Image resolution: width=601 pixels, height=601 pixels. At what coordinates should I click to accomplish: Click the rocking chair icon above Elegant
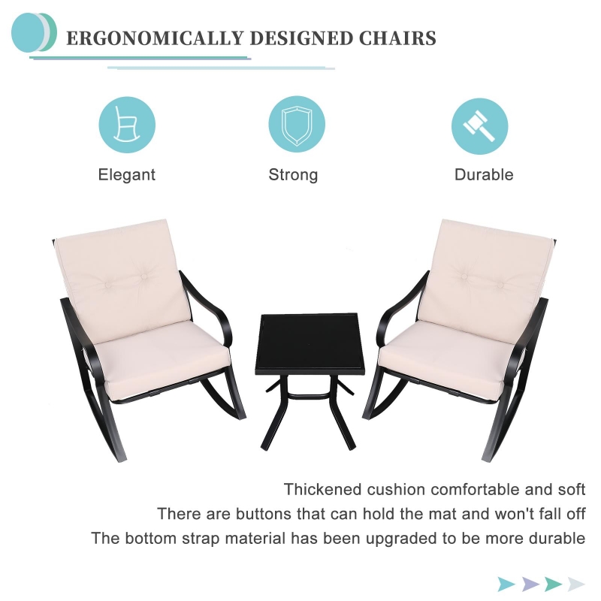click(x=127, y=125)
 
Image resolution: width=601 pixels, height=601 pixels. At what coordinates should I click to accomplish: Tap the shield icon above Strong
click(x=297, y=125)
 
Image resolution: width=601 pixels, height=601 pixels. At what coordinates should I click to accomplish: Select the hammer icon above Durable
click(x=479, y=126)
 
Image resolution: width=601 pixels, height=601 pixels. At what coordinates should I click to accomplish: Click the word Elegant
click(x=127, y=175)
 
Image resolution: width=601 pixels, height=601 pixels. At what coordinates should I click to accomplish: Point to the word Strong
click(x=293, y=175)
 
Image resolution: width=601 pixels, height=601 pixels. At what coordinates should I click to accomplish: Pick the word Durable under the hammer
click(x=484, y=175)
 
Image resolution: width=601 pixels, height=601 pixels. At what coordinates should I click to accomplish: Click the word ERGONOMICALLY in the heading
click(x=156, y=38)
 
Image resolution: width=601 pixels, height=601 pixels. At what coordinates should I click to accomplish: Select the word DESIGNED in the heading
click(x=301, y=38)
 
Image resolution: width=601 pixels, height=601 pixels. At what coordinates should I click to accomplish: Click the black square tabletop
click(x=310, y=344)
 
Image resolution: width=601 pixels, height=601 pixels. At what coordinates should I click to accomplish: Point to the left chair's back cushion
click(x=122, y=279)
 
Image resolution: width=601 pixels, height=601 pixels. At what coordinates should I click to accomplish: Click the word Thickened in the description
click(x=322, y=490)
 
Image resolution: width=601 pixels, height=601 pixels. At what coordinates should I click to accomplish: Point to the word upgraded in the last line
click(x=401, y=539)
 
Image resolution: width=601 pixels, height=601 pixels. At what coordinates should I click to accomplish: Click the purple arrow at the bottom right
click(x=530, y=584)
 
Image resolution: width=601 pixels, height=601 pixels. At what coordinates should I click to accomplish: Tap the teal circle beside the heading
click(x=28, y=32)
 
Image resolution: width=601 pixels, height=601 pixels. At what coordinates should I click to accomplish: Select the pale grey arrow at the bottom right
click(x=576, y=584)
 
